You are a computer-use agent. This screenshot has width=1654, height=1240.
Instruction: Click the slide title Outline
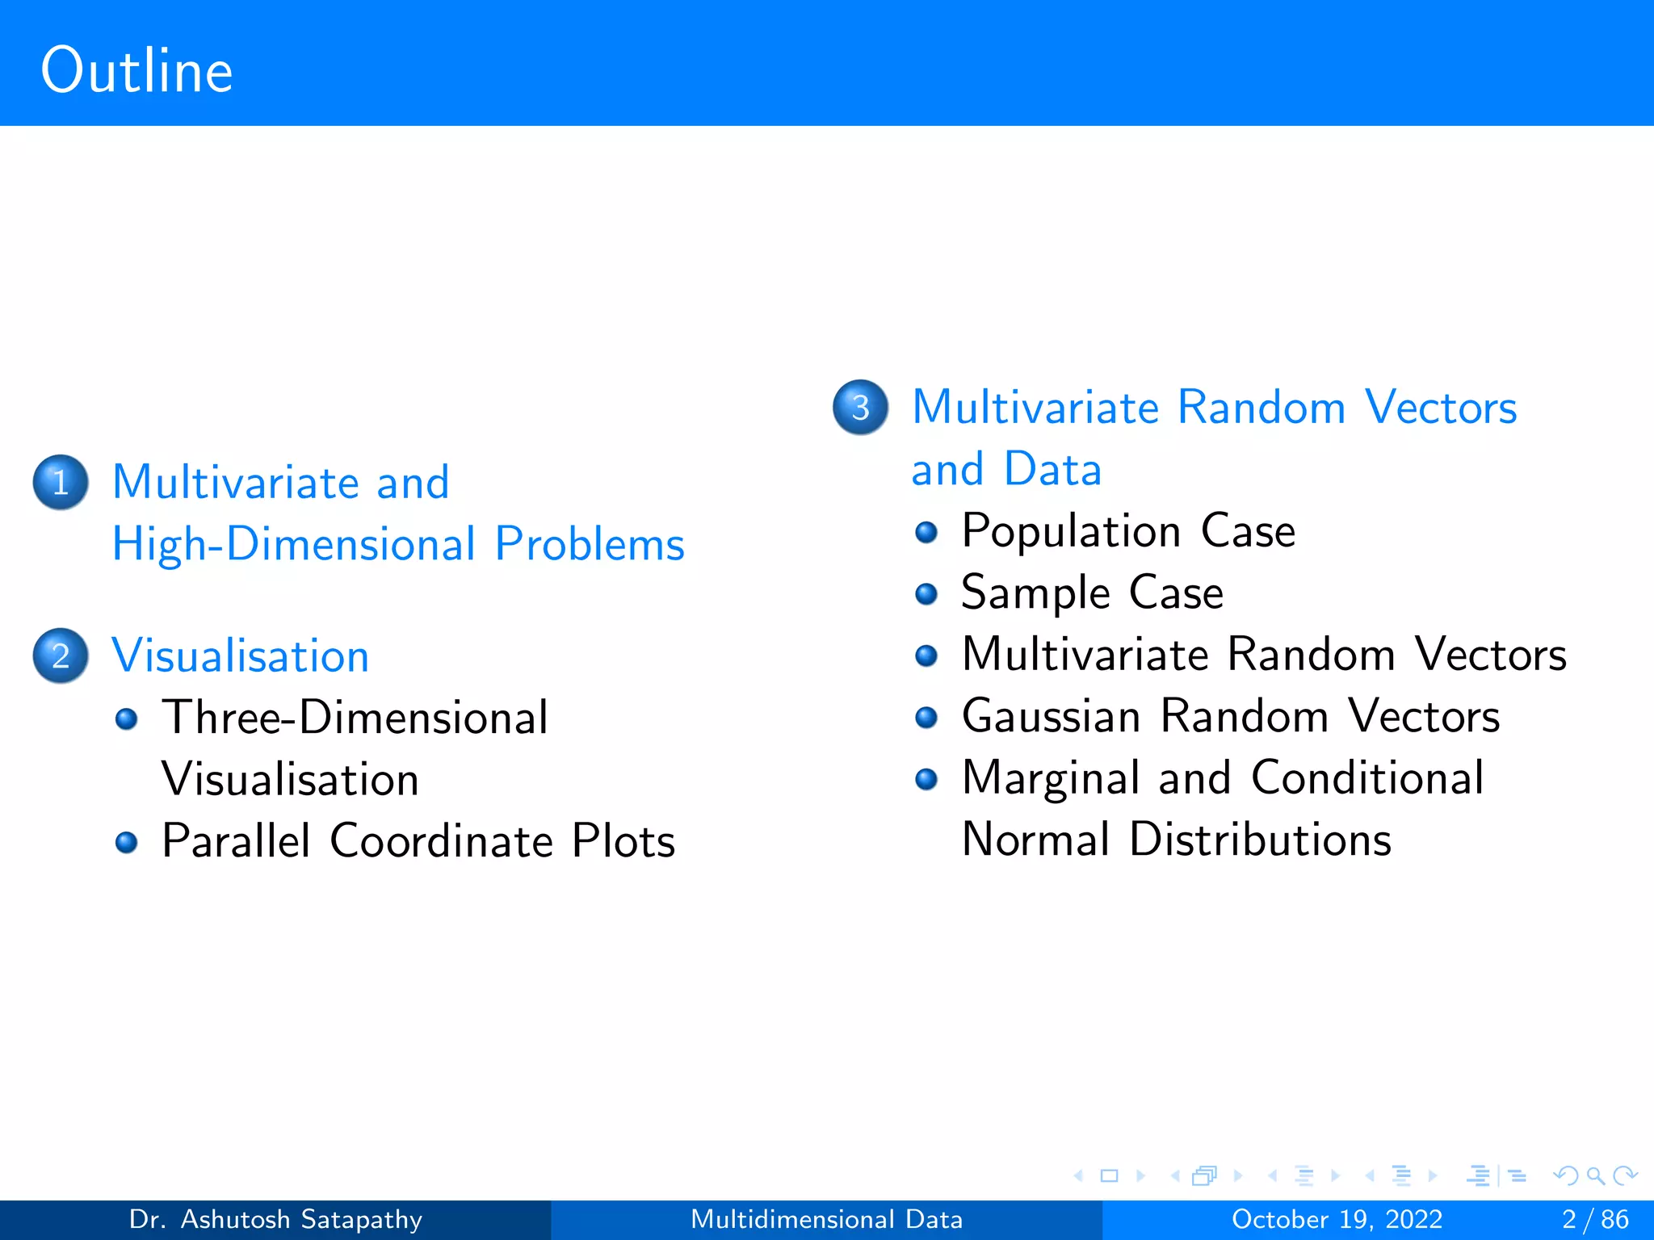click(137, 71)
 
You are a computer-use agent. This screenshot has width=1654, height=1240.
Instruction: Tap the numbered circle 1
click(61, 482)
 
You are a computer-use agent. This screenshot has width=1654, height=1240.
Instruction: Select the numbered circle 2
click(61, 656)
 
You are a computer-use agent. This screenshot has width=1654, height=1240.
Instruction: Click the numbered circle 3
click(860, 407)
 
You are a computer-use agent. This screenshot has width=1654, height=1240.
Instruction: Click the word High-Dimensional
click(294, 544)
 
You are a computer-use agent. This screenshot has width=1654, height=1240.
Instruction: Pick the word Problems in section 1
click(590, 544)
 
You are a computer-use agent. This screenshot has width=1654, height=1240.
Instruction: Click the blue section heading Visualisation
click(240, 656)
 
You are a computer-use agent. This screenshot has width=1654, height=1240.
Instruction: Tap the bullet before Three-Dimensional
click(127, 718)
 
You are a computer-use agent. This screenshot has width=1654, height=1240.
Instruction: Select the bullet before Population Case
click(926, 533)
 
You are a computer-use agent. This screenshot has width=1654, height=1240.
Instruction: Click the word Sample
click(1036, 593)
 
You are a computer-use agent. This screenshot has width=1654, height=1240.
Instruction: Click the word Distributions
click(1260, 840)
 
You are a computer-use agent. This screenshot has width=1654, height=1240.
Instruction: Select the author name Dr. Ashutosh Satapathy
click(275, 1219)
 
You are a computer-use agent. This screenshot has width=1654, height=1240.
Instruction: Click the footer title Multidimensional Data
click(826, 1219)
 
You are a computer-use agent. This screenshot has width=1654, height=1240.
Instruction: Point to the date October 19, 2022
click(1337, 1219)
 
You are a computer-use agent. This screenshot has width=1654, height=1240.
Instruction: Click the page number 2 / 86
click(1594, 1219)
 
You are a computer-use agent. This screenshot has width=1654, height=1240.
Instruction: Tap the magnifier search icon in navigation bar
click(1595, 1176)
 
